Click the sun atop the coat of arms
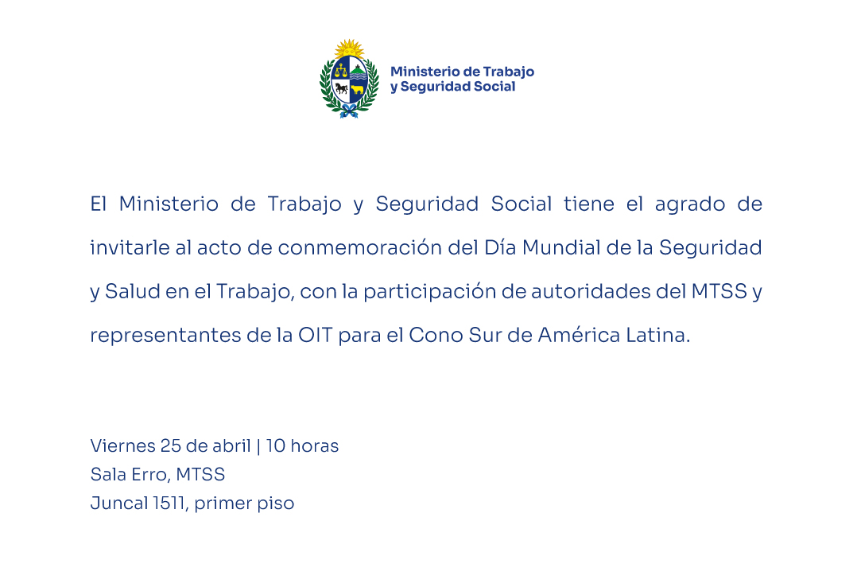349,49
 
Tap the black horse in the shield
342,88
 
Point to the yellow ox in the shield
357,90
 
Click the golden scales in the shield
341,70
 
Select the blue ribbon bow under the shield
349,111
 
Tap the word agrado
690,204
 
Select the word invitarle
130,247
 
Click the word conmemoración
359,247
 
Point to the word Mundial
561,247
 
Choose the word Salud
132,291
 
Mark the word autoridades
590,291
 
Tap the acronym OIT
316,335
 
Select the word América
579,334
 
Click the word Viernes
123,446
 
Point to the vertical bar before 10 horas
258,446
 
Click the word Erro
144,474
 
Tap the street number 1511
170,503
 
